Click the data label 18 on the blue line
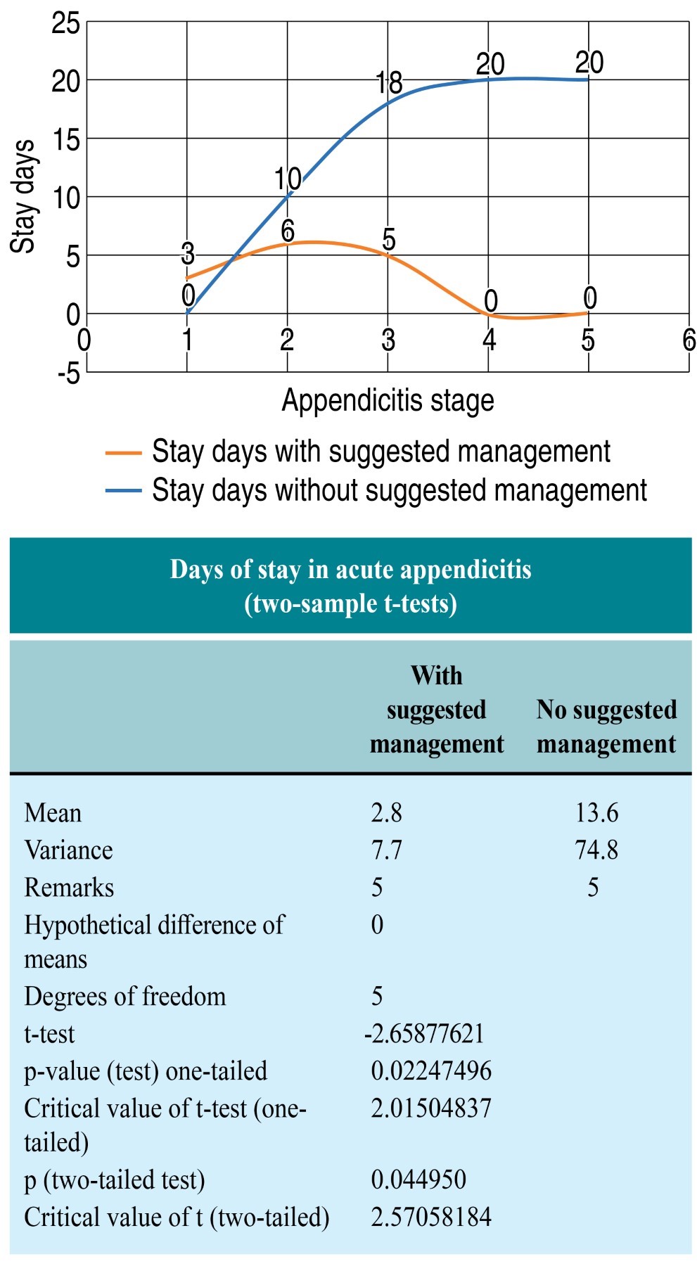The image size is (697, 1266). [x=389, y=83]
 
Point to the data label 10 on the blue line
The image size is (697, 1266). [x=288, y=179]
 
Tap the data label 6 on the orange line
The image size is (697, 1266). [x=288, y=231]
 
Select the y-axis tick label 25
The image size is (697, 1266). [x=65, y=23]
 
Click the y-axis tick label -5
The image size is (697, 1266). [x=69, y=373]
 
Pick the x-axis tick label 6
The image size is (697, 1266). [x=689, y=340]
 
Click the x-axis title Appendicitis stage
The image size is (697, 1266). [x=388, y=401]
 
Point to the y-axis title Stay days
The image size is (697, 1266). [x=23, y=196]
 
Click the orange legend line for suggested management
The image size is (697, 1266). [x=123, y=454]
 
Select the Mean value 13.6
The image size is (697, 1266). [x=596, y=813]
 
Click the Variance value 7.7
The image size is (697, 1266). [x=386, y=850]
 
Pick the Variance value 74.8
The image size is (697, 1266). [x=596, y=850]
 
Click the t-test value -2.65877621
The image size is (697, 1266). [x=424, y=1034]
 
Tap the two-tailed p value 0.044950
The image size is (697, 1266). [x=418, y=1179]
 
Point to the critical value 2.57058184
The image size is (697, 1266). [x=431, y=1217]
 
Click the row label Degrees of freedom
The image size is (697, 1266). [x=125, y=997]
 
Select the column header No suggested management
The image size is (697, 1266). [x=606, y=727]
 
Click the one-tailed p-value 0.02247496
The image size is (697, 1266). [x=431, y=1071]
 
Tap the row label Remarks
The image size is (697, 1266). [x=69, y=888]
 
